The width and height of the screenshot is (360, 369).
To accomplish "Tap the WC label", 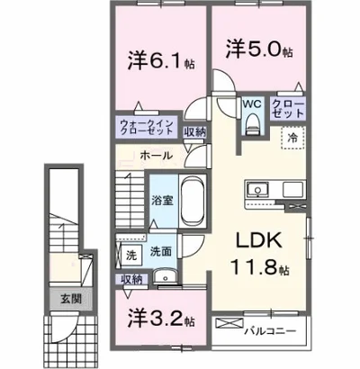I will coord(251,104).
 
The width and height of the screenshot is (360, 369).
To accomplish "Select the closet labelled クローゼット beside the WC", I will coord(288,110).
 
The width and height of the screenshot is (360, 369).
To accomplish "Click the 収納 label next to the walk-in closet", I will coord(193,131).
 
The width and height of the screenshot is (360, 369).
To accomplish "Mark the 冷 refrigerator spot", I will coord(292,138).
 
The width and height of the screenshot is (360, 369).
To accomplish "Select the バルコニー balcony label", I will coord(270,330).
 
